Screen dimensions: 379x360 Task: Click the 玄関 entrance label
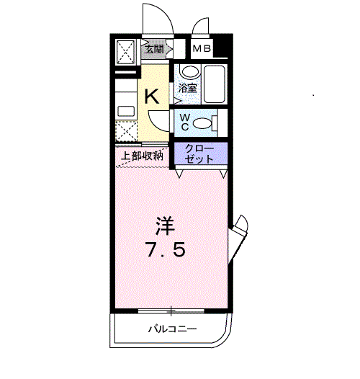pos(155,50)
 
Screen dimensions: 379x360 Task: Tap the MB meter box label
pos(202,49)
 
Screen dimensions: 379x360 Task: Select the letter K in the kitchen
pos(153,97)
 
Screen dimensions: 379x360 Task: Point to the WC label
pos(184,122)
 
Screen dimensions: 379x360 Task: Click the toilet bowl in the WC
pos(204,122)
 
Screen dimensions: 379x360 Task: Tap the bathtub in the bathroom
pos(215,84)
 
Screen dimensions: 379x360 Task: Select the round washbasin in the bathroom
pos(189,72)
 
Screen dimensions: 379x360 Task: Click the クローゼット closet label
pos(199,153)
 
